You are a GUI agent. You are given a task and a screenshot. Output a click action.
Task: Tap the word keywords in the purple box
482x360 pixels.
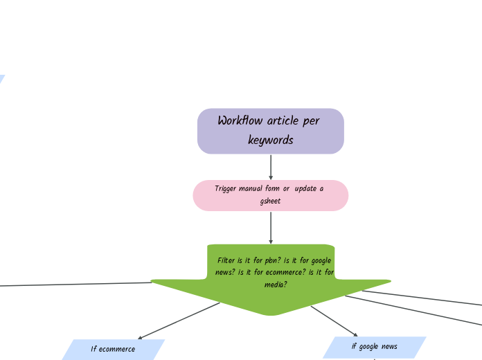point(270,141)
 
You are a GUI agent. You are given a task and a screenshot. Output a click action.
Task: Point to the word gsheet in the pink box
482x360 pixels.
point(270,201)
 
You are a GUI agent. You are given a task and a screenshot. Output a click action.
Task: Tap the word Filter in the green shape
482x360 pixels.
point(226,261)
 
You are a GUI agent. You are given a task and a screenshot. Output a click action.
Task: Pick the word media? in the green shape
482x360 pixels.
point(275,285)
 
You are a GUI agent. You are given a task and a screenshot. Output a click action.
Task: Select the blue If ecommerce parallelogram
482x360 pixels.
point(113,349)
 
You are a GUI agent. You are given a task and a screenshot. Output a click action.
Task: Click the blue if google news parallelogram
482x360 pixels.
point(374,347)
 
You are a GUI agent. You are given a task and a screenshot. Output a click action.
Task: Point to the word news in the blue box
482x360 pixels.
point(389,347)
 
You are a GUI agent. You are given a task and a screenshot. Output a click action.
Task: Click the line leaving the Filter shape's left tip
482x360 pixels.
point(69,284)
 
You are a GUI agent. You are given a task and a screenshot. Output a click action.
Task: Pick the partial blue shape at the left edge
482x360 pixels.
point(1,79)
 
